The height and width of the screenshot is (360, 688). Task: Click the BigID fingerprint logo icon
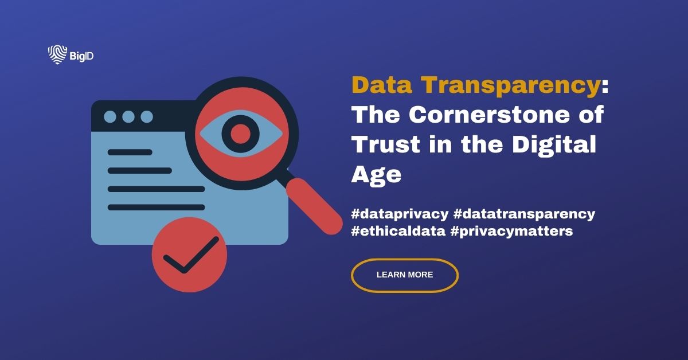[x=57, y=54]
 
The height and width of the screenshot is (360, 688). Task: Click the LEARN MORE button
[x=404, y=275]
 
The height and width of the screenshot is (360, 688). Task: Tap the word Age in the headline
[x=376, y=174]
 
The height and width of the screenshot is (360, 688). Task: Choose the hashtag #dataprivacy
[x=399, y=214]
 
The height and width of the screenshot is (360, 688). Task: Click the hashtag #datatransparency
[x=524, y=214]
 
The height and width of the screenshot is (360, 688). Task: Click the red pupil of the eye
[x=241, y=134]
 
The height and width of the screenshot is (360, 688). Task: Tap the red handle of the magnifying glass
[x=314, y=205]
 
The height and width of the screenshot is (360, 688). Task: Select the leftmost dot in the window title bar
[x=110, y=117]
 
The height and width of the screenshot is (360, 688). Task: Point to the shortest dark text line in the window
[x=130, y=152]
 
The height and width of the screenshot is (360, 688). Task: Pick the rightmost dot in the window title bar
[x=147, y=117]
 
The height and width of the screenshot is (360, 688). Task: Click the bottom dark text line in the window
[x=156, y=207]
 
